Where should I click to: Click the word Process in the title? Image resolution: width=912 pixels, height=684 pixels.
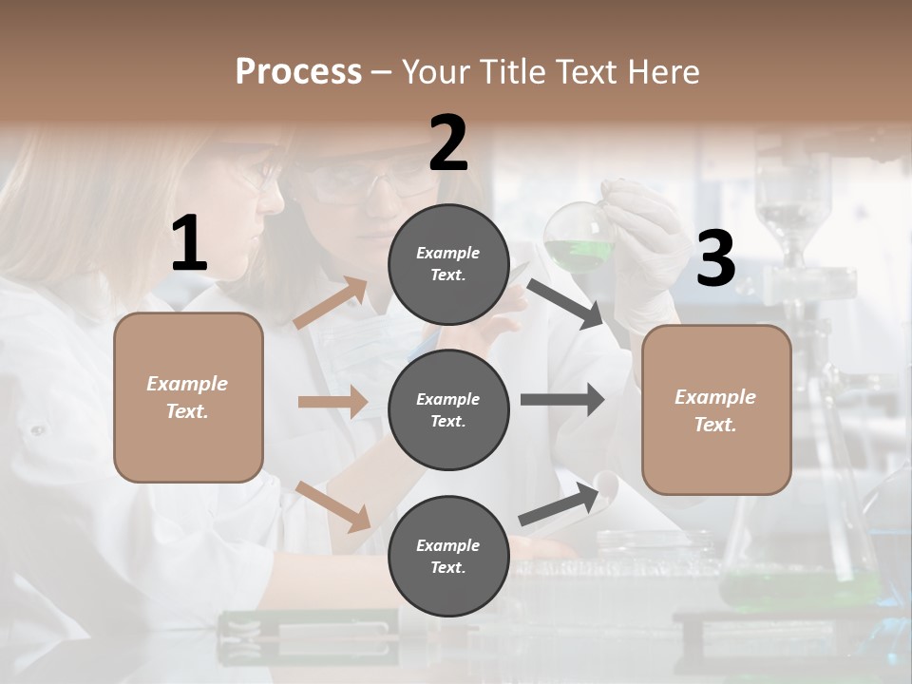[298, 71]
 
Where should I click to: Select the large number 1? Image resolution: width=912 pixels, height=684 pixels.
[189, 244]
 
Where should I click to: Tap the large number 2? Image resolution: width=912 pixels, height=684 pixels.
[448, 143]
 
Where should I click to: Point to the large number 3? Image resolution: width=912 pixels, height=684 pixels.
[715, 258]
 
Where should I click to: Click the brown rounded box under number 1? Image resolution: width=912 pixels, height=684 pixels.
[188, 397]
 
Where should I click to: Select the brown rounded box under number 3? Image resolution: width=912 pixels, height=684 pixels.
[716, 409]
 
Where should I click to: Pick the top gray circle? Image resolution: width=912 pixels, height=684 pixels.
[448, 264]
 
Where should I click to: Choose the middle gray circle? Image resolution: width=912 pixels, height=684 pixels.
[448, 409]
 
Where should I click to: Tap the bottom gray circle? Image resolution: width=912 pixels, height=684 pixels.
[448, 556]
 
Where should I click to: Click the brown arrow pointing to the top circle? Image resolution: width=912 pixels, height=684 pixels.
[331, 303]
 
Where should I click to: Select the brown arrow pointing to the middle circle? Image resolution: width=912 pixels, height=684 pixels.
[332, 402]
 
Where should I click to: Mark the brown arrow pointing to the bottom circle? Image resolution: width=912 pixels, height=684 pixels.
[333, 505]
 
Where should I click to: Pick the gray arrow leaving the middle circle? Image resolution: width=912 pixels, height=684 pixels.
[562, 399]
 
